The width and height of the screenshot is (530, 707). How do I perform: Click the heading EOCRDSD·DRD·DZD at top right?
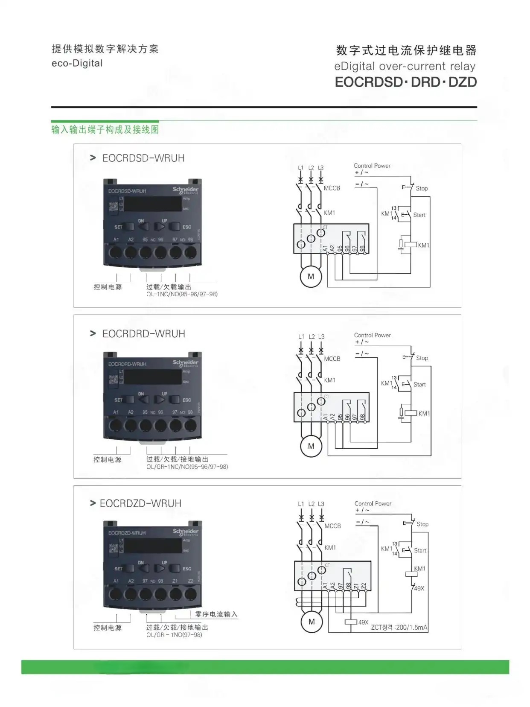point(405,82)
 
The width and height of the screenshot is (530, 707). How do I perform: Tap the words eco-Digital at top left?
point(77,63)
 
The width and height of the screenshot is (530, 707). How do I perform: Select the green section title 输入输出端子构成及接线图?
point(105,129)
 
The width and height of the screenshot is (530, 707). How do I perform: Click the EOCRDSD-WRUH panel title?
point(143,158)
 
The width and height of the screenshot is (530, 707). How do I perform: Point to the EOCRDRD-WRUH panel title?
point(143,334)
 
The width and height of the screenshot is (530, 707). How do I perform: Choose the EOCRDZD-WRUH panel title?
point(140,504)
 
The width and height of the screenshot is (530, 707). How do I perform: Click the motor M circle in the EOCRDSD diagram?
point(311,276)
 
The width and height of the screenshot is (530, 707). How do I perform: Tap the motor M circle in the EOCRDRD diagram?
point(311,446)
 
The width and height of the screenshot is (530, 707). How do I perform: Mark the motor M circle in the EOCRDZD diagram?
point(312,622)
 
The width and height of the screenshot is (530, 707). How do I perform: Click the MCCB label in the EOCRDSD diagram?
point(332,188)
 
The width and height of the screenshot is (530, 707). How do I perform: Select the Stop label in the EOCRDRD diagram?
point(422,358)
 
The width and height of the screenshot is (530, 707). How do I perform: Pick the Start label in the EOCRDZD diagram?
point(420,551)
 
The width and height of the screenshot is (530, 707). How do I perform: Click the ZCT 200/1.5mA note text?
point(399,628)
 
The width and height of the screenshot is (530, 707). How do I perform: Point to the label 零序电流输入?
point(216,614)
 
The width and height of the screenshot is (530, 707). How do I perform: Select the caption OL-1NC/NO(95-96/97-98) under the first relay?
point(182,294)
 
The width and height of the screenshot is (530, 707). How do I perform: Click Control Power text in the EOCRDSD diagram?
point(372,166)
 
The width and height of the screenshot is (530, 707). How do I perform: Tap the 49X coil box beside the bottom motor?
point(351,622)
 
